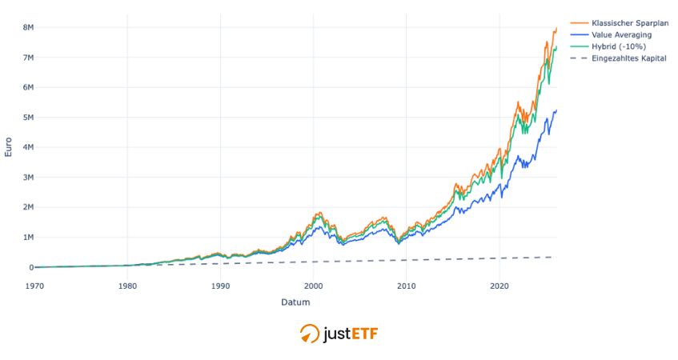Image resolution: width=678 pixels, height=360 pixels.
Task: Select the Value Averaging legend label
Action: click(x=621, y=34)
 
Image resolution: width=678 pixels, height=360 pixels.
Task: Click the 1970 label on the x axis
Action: click(x=34, y=285)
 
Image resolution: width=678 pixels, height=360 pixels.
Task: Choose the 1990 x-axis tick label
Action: click(x=220, y=285)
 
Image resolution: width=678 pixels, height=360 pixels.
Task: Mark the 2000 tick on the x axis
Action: click(x=314, y=285)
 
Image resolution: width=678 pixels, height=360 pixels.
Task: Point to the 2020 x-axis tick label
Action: click(x=499, y=285)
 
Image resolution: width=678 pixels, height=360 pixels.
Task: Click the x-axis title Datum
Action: click(x=295, y=302)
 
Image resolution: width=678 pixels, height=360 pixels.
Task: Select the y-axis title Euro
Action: click(x=9, y=147)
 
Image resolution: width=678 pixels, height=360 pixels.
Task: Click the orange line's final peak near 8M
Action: click(x=556, y=29)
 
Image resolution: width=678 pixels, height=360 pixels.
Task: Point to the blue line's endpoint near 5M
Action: click(x=556, y=110)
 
